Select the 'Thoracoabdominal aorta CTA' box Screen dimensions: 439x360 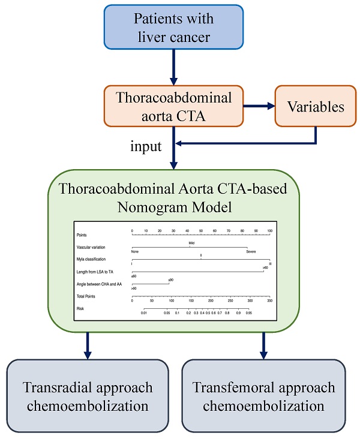pyautogui.click(x=174, y=107)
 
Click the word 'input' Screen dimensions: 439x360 pyautogui.click(x=145, y=146)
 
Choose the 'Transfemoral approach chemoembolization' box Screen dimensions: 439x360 pyautogui.click(x=264, y=395)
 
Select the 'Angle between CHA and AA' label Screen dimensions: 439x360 pyautogui.click(x=98, y=284)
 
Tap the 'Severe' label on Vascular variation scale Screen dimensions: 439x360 pyautogui.click(x=251, y=251)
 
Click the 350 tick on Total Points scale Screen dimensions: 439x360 pyautogui.click(x=269, y=300)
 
